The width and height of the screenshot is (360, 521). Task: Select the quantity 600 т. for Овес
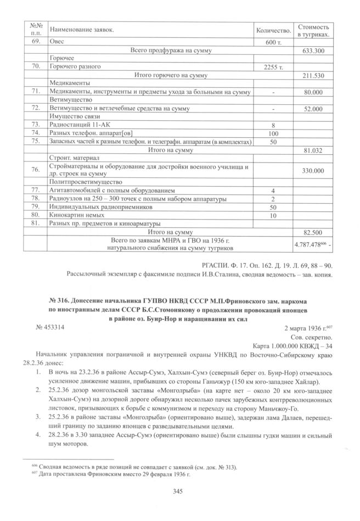tap(273, 43)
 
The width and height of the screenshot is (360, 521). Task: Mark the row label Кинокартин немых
tap(74, 215)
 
